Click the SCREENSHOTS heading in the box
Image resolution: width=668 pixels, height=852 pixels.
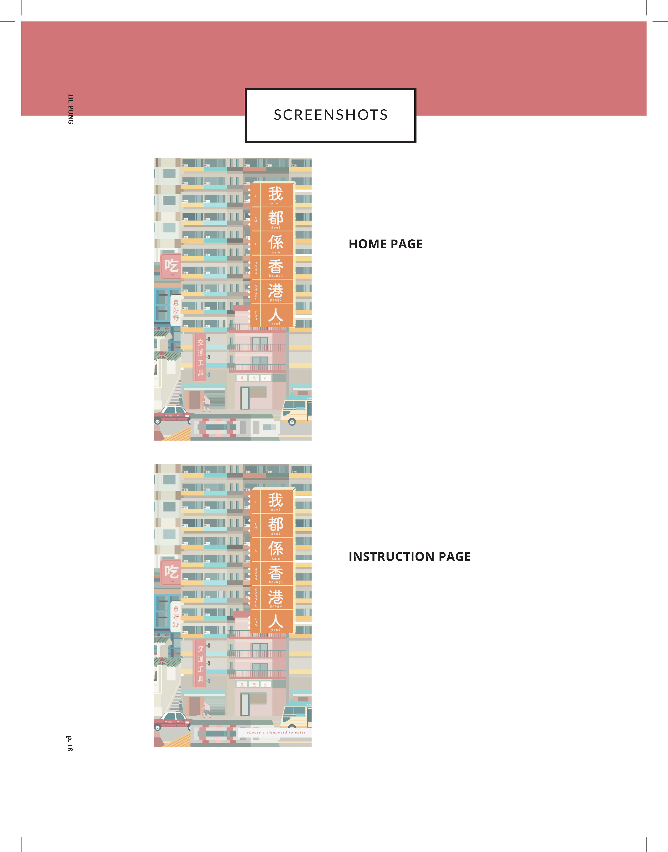[331, 115]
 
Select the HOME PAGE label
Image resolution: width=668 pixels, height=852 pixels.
[386, 244]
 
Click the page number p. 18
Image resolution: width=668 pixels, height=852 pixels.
[70, 743]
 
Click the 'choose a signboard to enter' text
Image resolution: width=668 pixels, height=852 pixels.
[276, 732]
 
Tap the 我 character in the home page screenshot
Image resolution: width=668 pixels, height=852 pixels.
[276, 194]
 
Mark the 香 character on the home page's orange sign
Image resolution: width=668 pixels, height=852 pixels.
[276, 267]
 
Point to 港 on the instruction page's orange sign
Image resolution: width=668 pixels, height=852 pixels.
[276, 597]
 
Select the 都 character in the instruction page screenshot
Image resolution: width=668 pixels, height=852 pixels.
[276, 524]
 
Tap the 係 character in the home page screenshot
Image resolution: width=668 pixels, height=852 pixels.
[276, 242]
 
